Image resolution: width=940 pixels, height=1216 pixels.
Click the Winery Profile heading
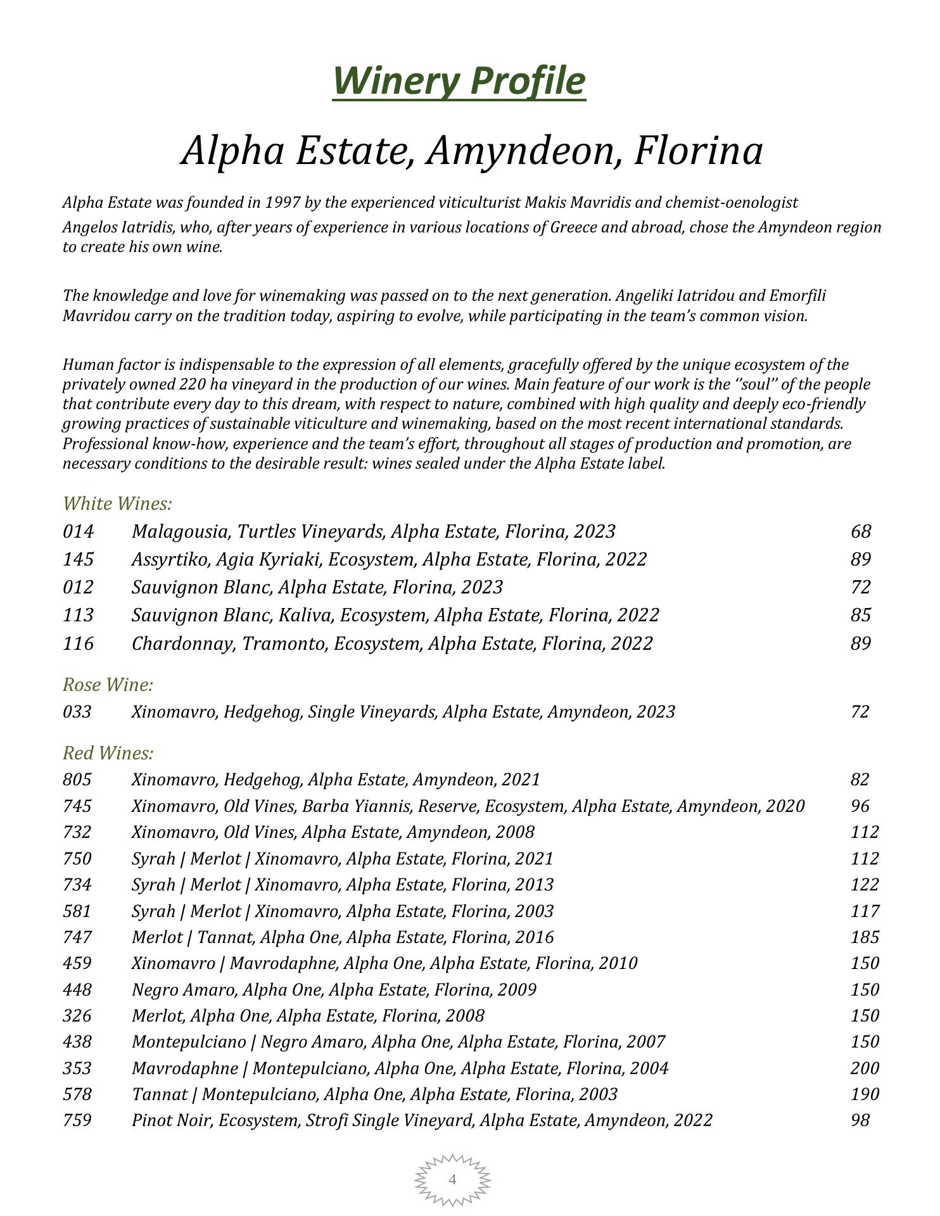pyautogui.click(x=459, y=81)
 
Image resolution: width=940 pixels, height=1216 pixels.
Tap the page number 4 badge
pyautogui.click(x=452, y=1179)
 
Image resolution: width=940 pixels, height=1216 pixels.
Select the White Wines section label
pyautogui.click(x=118, y=504)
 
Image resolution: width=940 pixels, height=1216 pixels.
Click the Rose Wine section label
pyautogui.click(x=108, y=685)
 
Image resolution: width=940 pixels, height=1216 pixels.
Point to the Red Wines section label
pyautogui.click(x=108, y=753)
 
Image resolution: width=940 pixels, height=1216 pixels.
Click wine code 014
pyautogui.click(x=78, y=531)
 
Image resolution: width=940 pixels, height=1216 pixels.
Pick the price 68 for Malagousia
pyautogui.click(x=861, y=531)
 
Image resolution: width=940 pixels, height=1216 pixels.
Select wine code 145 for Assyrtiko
pyautogui.click(x=78, y=559)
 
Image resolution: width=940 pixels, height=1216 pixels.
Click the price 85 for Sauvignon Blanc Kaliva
pyautogui.click(x=861, y=615)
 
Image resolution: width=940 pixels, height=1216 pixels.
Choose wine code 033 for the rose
pyautogui.click(x=77, y=712)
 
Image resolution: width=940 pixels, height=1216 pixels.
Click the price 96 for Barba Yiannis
pyautogui.click(x=860, y=806)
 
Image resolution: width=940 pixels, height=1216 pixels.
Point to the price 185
pyautogui.click(x=865, y=937)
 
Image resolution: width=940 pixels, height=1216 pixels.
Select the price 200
pyautogui.click(x=865, y=1068)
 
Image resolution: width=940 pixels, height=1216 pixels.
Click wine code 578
pyautogui.click(x=77, y=1094)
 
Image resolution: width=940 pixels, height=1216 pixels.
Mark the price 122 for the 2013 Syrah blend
pyautogui.click(x=865, y=885)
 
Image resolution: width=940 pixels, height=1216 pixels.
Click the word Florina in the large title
pyautogui.click(x=699, y=151)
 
